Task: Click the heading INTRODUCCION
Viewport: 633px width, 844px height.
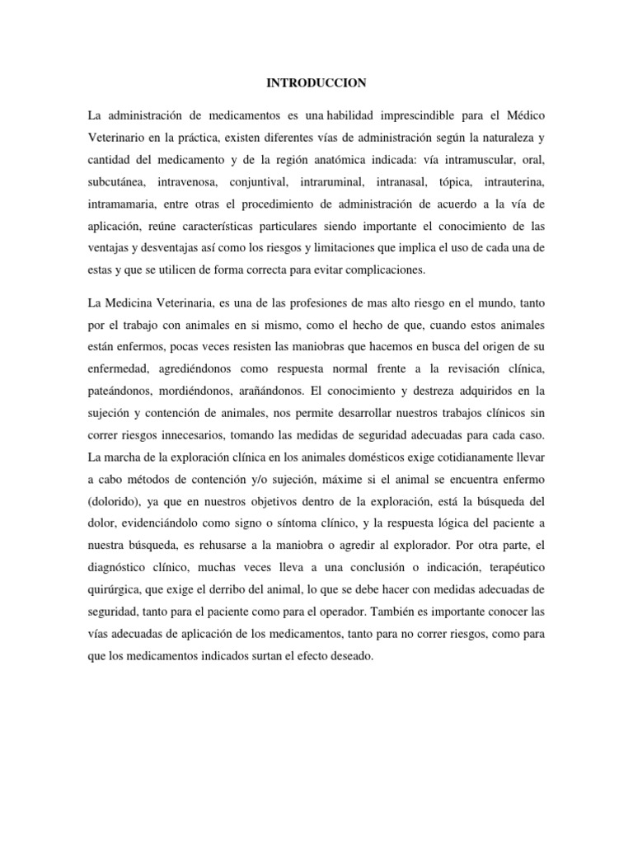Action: coord(316,82)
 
